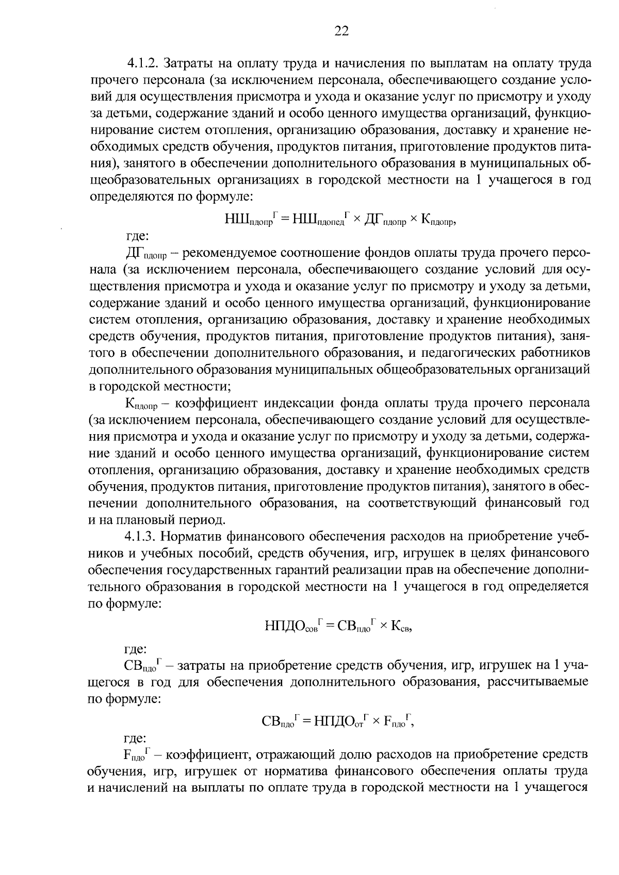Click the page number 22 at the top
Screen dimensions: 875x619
click(x=341, y=32)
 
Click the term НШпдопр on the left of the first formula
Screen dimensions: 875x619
click(x=249, y=220)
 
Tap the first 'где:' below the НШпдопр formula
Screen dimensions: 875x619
click(x=137, y=237)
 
